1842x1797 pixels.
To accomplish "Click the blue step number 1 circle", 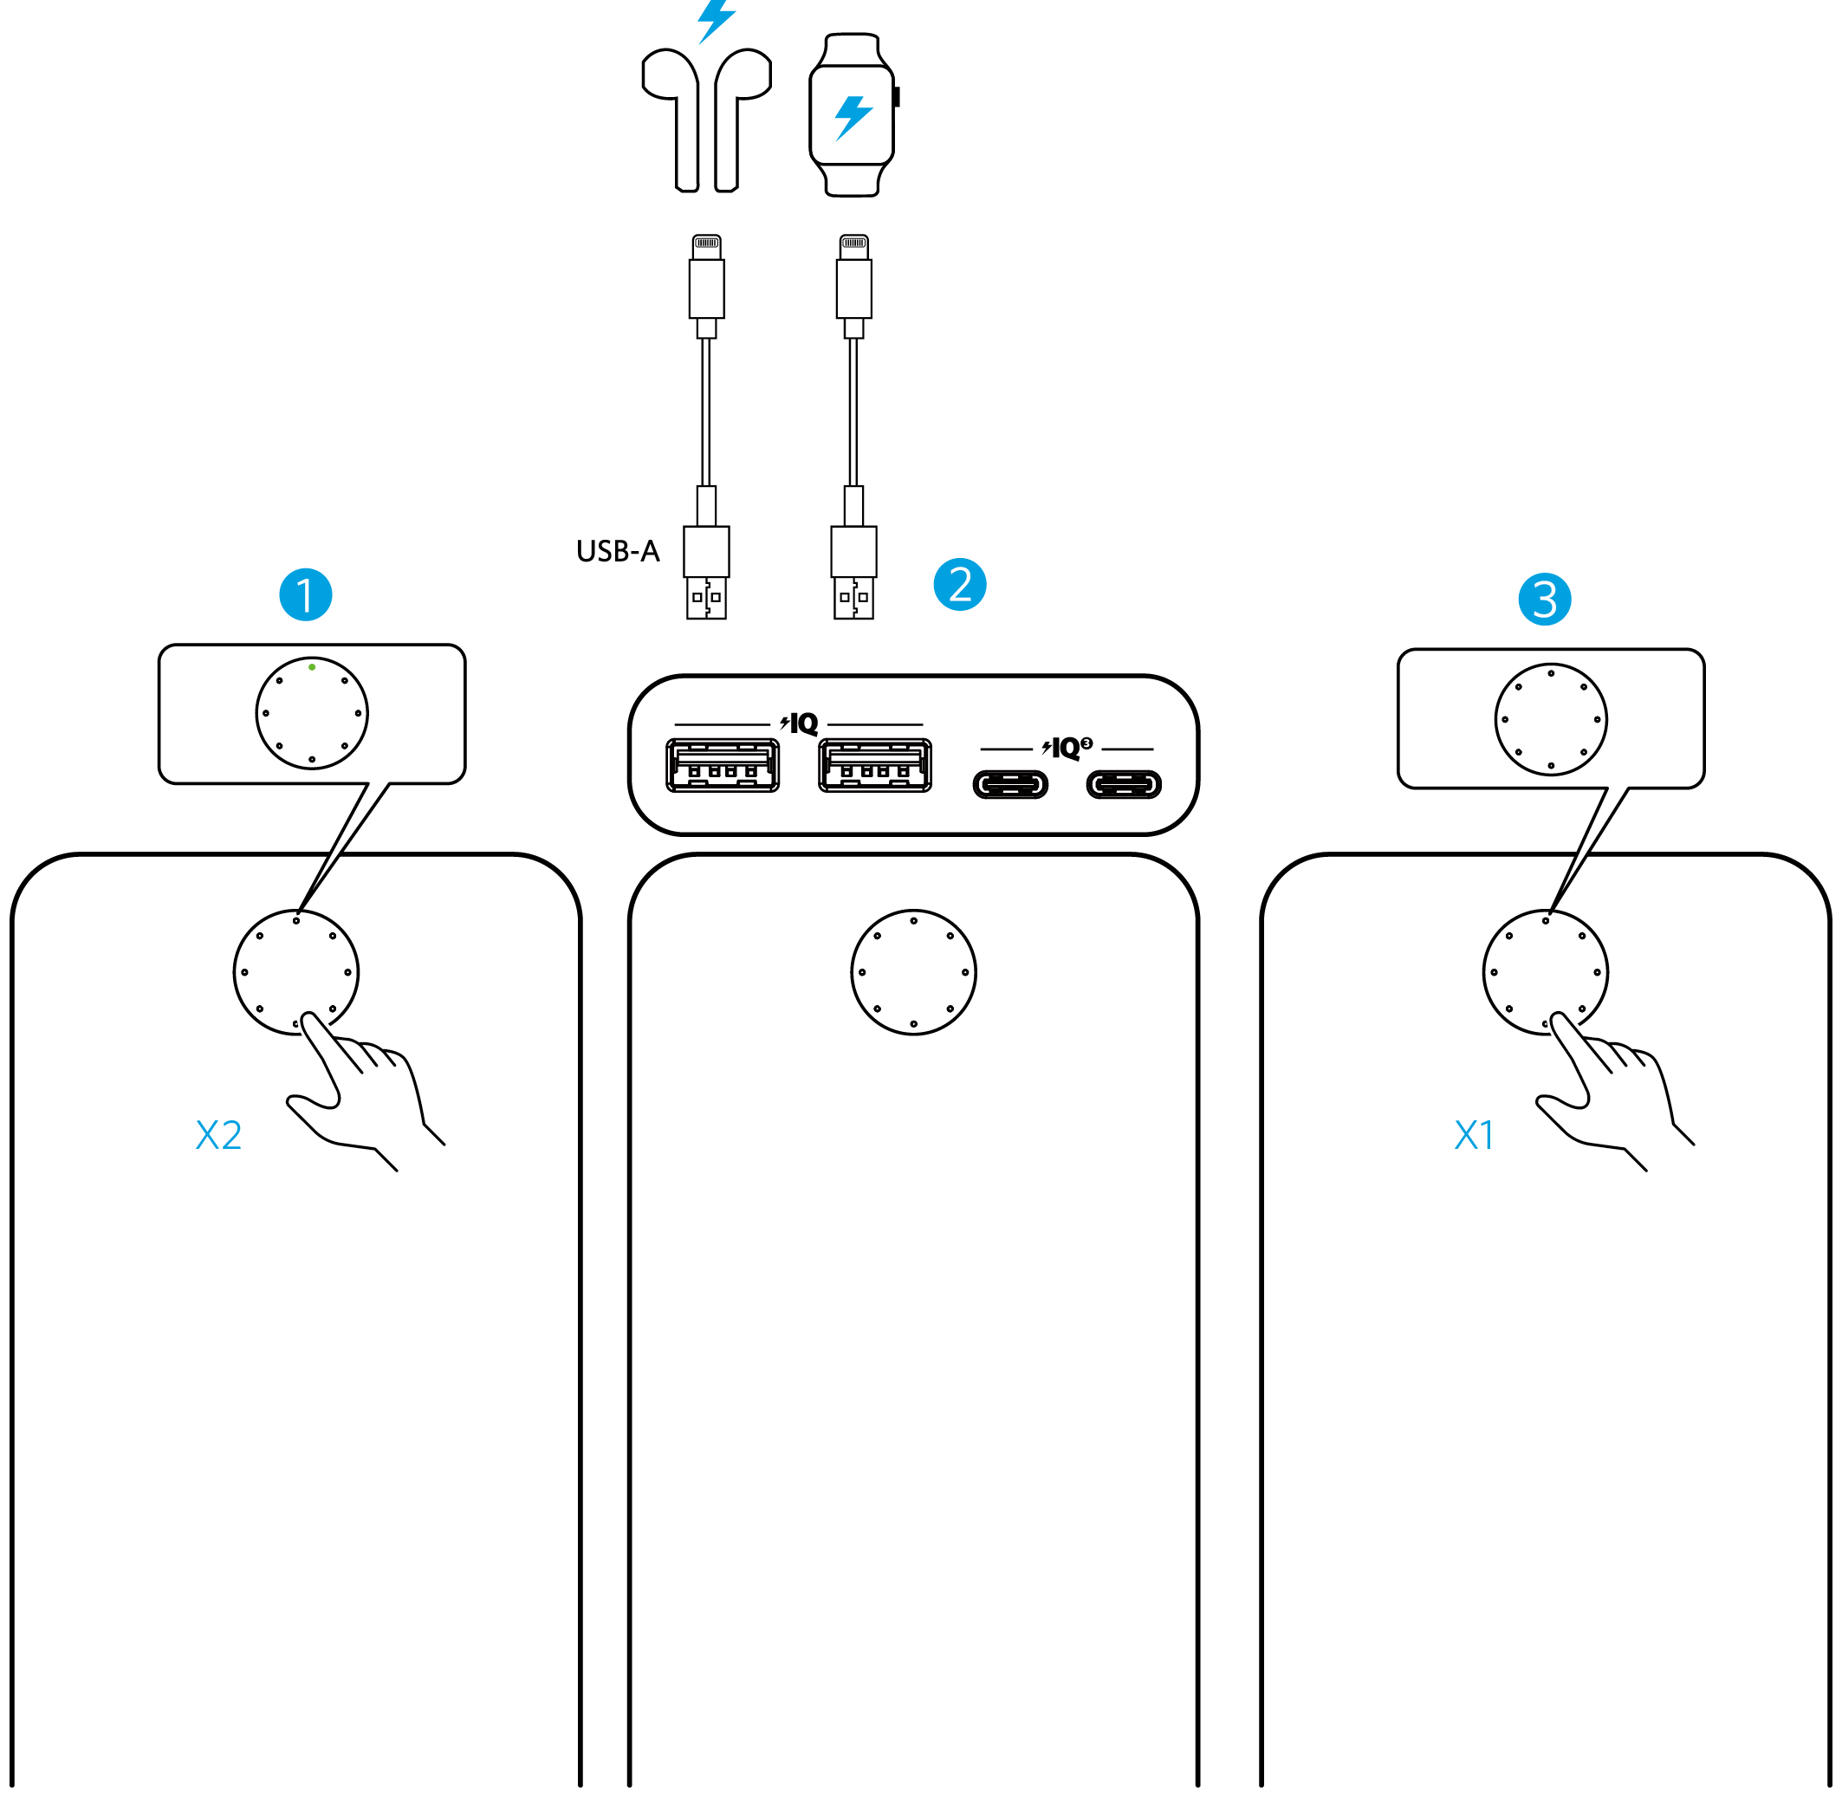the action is pyautogui.click(x=306, y=594).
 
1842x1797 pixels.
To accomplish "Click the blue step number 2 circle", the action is pyautogui.click(x=960, y=584).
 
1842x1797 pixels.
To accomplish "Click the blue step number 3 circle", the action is pyautogui.click(x=1545, y=599).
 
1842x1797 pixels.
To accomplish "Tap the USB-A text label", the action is pyautogui.click(x=617, y=551).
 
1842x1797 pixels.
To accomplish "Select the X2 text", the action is pyautogui.click(x=218, y=1135).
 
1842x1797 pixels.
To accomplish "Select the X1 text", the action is pyautogui.click(x=1474, y=1135).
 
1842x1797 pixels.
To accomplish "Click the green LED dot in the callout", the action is pyautogui.click(x=313, y=667).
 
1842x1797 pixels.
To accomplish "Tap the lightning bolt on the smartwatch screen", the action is pyautogui.click(x=853, y=118).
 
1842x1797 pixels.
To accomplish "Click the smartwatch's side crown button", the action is pyautogui.click(x=897, y=96).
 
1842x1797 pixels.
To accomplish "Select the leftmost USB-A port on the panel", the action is pyautogui.click(x=723, y=765).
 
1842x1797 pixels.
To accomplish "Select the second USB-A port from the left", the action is pyautogui.click(x=875, y=765).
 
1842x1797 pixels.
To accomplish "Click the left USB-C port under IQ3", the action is pyautogui.click(x=1010, y=784).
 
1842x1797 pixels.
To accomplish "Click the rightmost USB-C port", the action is pyautogui.click(x=1124, y=784).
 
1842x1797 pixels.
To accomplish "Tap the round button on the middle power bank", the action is pyautogui.click(x=913, y=972).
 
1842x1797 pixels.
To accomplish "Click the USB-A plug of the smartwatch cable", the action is pyautogui.click(x=854, y=572).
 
